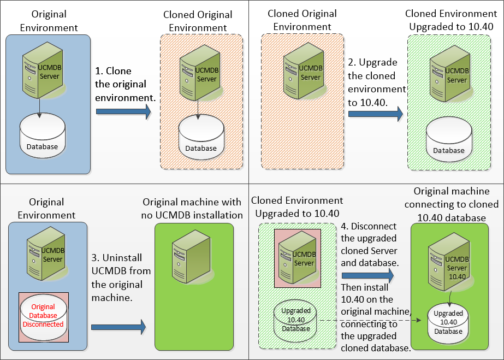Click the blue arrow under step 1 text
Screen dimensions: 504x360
point(123,112)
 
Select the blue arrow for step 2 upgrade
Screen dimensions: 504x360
point(376,114)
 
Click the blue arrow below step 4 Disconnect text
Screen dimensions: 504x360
point(368,275)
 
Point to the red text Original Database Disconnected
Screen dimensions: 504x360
point(43,315)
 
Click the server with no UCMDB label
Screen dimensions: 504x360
point(192,257)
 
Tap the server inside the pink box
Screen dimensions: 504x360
point(297,258)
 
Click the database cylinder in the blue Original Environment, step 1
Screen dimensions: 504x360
point(43,135)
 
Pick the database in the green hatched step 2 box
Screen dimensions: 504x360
point(449,139)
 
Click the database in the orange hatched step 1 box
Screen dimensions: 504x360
point(201,137)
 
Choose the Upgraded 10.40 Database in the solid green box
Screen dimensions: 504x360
point(448,323)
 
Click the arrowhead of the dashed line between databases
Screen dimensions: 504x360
point(419,320)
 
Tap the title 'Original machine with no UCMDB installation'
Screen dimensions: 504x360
point(192,208)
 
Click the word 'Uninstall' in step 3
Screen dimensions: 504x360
point(122,258)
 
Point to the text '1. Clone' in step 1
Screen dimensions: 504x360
point(114,71)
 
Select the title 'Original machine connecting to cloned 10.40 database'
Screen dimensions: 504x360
point(451,204)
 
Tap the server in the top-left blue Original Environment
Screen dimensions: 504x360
point(42,70)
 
